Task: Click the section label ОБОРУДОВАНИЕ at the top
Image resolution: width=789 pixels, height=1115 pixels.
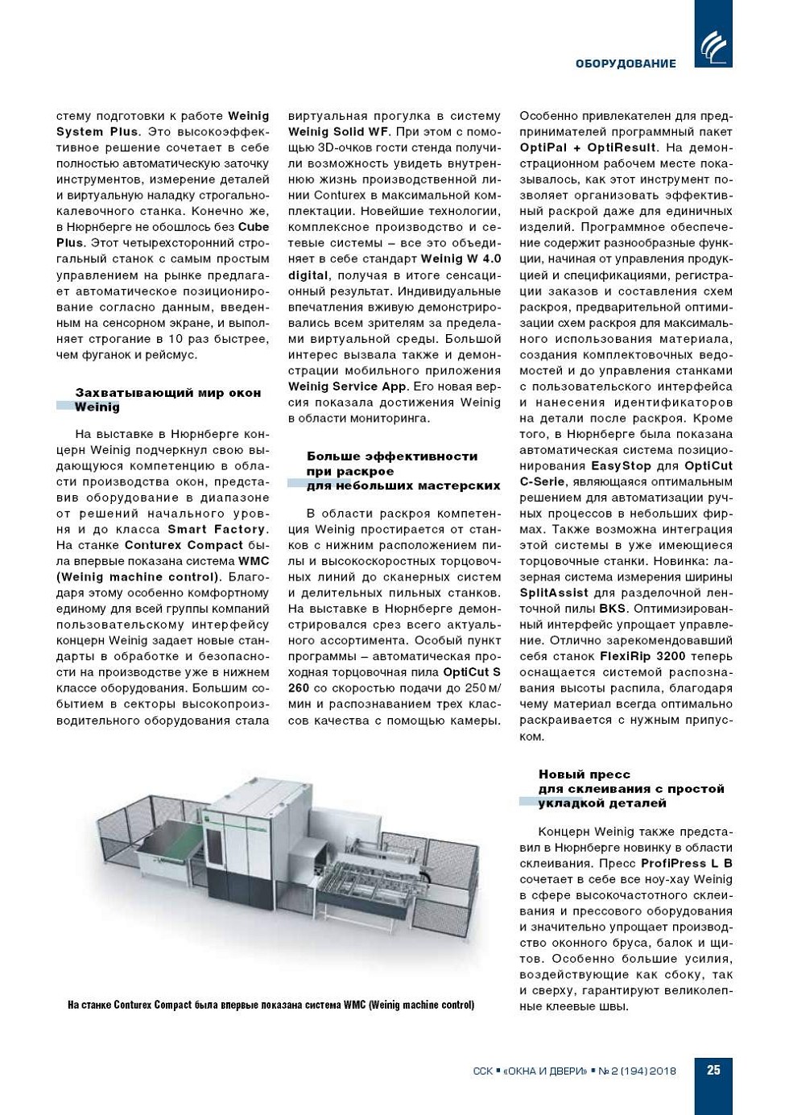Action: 626,64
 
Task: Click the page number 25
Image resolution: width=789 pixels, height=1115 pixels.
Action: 713,1070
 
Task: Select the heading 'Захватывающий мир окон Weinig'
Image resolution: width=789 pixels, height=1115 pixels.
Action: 167,399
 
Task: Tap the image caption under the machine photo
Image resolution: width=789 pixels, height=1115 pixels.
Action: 271,1005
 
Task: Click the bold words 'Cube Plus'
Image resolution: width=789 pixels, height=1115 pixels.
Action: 253,227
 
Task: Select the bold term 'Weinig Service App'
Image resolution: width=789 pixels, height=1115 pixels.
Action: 347,386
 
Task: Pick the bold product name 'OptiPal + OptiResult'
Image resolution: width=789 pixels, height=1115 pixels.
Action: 588,147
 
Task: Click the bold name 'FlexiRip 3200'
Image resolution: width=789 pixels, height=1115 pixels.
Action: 642,656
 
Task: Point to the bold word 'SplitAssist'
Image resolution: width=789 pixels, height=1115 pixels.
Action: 555,593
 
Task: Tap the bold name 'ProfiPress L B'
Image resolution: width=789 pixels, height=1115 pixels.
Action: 686,863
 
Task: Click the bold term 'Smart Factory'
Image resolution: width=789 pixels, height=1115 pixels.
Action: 216,529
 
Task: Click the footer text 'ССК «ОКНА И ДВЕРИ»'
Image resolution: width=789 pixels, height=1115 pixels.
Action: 530,1071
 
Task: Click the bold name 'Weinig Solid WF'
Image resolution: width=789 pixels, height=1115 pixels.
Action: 338,131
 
